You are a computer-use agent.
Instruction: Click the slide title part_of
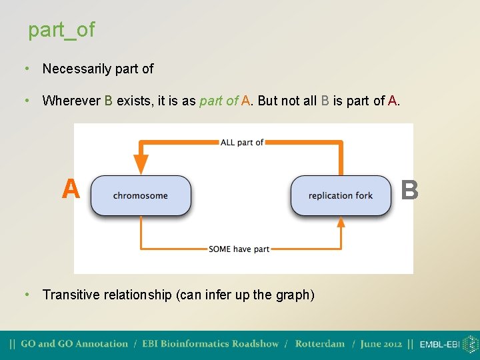pos(61,29)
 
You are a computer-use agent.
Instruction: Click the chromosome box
pos(141,195)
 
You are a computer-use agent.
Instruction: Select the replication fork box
pos(341,195)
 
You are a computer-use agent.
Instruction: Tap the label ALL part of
pos(242,142)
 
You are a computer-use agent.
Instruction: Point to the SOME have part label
pos(239,249)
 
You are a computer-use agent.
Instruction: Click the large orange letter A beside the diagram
pos(71,189)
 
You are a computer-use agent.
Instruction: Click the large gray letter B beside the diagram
pos(410,189)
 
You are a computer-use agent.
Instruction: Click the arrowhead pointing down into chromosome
pos(141,164)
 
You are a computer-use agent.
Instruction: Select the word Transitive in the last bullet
pos(69,294)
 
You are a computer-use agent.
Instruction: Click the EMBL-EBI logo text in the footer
pos(439,345)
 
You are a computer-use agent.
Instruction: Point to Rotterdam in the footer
pos(320,344)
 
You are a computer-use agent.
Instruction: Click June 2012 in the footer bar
pos(381,344)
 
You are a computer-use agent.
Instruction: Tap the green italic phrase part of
pos(219,101)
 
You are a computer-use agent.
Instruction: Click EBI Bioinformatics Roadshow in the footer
pos(211,344)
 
